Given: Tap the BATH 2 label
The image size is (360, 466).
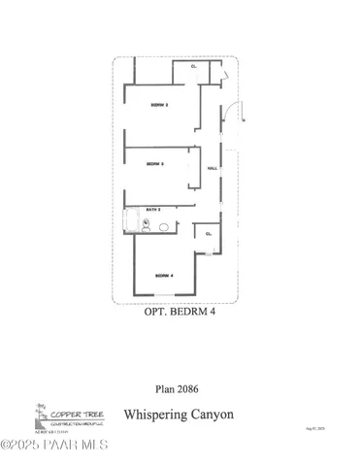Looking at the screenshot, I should pos(153,209).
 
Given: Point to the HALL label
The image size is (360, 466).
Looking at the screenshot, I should pos(212,169).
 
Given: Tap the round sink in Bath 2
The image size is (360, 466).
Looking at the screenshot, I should pos(164,226).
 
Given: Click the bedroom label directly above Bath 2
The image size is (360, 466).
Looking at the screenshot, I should pos(154,164).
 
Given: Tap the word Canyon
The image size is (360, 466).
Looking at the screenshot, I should pos(212,415).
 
